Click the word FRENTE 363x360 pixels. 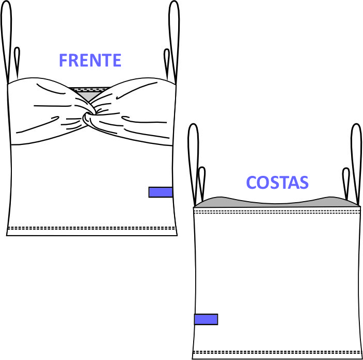(x=90, y=60)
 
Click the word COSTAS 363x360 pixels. (x=277, y=183)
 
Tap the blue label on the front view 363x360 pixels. (x=160, y=192)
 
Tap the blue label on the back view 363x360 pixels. (x=206, y=319)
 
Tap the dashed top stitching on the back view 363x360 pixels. (x=277, y=210)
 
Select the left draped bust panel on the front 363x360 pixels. (x=46, y=111)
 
